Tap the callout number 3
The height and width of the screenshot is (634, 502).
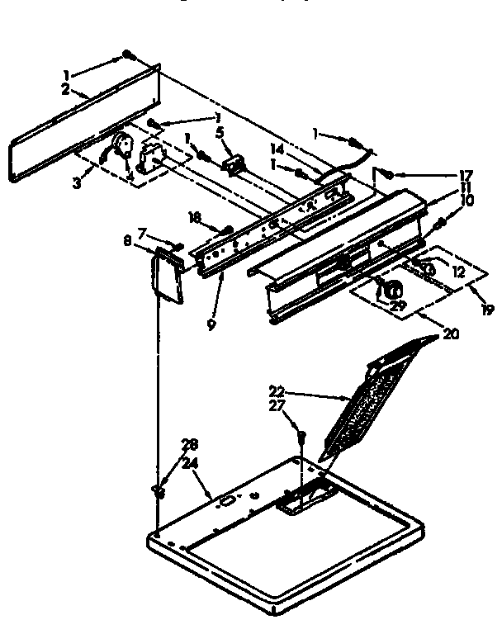click(x=78, y=183)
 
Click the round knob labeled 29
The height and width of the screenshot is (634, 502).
click(x=390, y=290)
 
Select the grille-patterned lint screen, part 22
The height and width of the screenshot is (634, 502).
click(x=372, y=396)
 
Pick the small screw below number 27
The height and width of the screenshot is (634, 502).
click(x=302, y=435)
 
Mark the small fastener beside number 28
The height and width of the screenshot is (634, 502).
click(x=156, y=492)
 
